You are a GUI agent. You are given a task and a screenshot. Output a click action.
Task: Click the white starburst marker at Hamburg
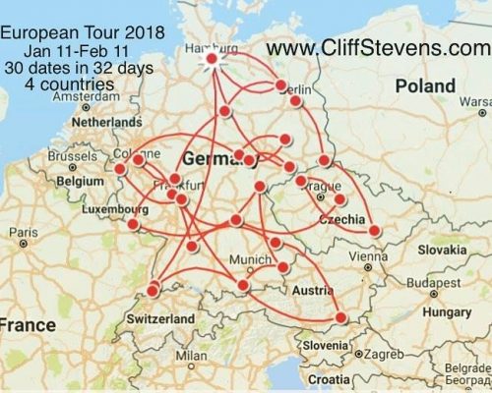tap(212, 60)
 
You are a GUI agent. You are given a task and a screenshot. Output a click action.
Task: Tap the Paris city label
tap(19, 232)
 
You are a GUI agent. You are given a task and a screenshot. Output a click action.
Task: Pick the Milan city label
tap(193, 355)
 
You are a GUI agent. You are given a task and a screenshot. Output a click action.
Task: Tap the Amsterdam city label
tap(88, 99)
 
